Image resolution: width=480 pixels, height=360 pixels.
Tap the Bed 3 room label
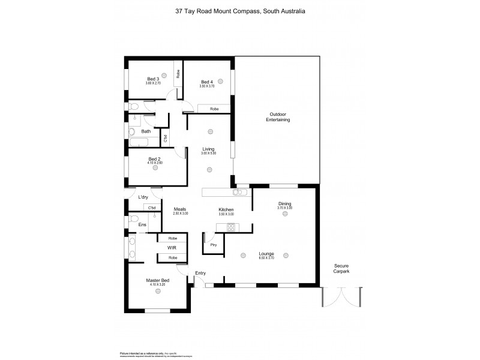click(x=153, y=79)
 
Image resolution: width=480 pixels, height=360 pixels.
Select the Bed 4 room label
click(x=206, y=82)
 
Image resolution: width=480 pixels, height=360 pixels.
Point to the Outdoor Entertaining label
click(x=278, y=117)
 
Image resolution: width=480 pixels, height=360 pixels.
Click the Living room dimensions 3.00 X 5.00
click(x=208, y=154)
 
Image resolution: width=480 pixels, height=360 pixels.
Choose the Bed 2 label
click(x=154, y=159)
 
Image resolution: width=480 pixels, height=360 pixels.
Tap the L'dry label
click(x=143, y=197)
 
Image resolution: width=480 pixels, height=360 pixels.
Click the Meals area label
click(x=180, y=209)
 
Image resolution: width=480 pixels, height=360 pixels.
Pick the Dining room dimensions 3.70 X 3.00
click(x=284, y=208)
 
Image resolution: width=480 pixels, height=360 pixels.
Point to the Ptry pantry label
click(x=213, y=245)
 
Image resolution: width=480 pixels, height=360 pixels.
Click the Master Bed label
click(x=157, y=280)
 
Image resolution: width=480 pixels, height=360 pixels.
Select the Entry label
click(x=200, y=274)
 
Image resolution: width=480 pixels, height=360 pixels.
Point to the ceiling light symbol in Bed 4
click(x=221, y=81)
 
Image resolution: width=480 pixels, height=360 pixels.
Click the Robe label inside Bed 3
click(x=178, y=74)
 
